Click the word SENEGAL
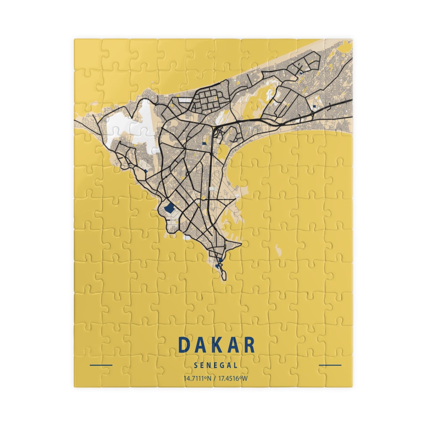tap(216, 365)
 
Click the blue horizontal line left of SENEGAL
tap(101, 365)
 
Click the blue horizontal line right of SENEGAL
tap(330, 365)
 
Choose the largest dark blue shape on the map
tap(169, 209)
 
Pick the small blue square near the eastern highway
tap(314, 106)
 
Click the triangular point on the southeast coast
tap(241, 244)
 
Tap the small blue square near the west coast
tap(146, 170)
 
